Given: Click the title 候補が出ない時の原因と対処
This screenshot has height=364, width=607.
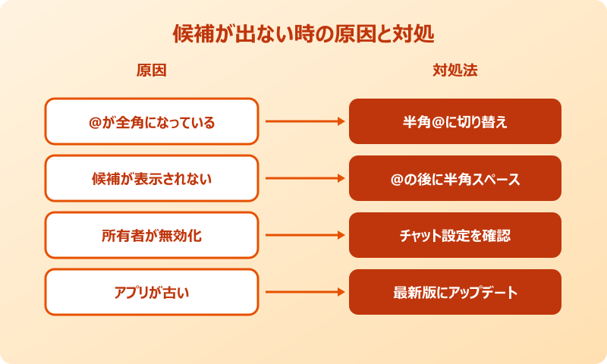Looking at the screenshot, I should tap(303, 35).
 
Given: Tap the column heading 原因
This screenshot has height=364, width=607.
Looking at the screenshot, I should tap(151, 71).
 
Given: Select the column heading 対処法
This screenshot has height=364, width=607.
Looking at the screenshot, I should tap(454, 71).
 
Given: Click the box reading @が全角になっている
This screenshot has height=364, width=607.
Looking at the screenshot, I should tap(152, 121).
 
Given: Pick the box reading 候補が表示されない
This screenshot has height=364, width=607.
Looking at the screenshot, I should tap(152, 178).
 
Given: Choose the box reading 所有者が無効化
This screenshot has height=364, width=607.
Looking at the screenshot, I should tap(152, 235).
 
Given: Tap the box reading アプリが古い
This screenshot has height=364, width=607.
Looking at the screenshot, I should tap(152, 292).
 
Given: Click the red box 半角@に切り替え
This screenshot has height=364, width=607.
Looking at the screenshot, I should tap(455, 121).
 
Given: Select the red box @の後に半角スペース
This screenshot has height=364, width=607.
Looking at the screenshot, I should tap(455, 178).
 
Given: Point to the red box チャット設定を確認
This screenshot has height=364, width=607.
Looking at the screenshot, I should tap(455, 235).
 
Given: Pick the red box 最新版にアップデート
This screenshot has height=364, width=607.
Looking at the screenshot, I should tap(455, 292).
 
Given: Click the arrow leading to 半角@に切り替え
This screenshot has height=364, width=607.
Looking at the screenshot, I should tap(303, 121).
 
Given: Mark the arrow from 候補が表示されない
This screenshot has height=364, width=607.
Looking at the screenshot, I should tap(303, 178).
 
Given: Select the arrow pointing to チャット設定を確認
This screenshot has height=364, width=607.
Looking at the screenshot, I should tap(303, 235).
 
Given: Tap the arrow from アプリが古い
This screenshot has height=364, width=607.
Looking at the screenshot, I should tap(303, 292).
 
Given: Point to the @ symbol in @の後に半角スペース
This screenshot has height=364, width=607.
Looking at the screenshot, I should tap(397, 179).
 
